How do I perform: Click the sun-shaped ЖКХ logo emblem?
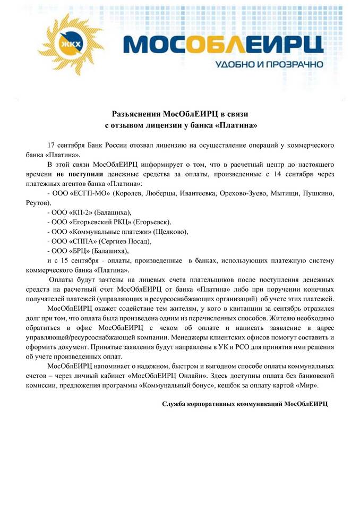(x=72, y=44)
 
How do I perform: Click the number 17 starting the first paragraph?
(x=52, y=144)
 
